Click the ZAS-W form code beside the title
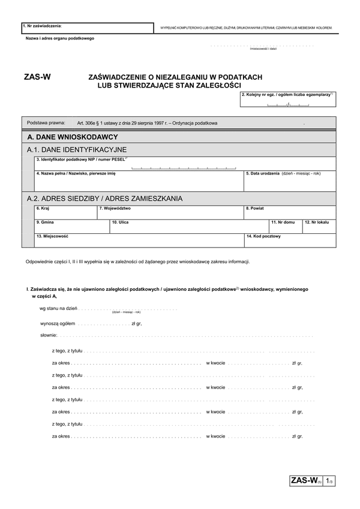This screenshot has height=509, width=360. [37, 77]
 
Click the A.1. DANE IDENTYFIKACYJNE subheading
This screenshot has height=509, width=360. [76, 149]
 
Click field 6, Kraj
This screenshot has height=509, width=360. [65, 212]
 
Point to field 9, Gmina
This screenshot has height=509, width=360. [71, 225]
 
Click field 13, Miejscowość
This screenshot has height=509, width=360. [138, 240]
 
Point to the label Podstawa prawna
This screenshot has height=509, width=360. [46, 123]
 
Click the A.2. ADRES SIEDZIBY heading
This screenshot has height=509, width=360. [105, 198]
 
